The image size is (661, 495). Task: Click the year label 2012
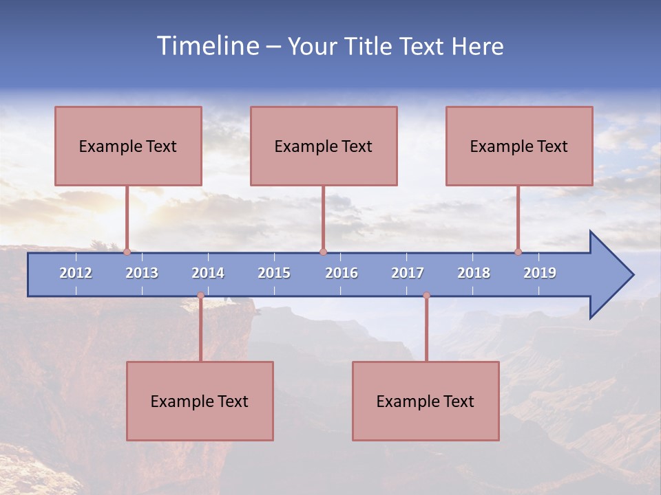(76, 273)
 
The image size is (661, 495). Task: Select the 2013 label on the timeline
(142, 273)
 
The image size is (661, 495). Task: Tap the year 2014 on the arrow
(208, 273)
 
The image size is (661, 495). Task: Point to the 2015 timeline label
(274, 273)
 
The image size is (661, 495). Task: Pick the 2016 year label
(342, 273)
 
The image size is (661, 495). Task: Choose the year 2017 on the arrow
(408, 273)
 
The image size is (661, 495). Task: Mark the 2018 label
(474, 273)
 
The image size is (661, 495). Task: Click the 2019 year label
(540, 273)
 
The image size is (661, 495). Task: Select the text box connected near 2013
(128, 146)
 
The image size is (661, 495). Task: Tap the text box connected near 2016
(324, 146)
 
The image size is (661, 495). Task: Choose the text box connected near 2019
(519, 146)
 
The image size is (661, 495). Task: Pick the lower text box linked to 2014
(200, 401)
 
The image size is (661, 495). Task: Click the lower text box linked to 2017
(426, 401)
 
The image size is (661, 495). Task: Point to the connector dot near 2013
(127, 252)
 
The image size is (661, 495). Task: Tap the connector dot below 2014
(200, 296)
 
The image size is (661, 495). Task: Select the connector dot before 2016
(323, 252)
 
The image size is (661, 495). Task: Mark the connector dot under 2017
(426, 296)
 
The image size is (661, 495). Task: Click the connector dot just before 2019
(518, 252)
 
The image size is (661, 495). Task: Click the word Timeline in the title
(207, 46)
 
